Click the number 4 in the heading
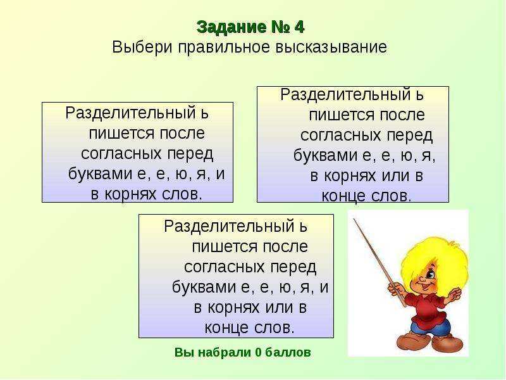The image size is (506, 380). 299,27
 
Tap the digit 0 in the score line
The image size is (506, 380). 258,352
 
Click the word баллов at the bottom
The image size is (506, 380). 288,352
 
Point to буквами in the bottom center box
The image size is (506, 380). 204,287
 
